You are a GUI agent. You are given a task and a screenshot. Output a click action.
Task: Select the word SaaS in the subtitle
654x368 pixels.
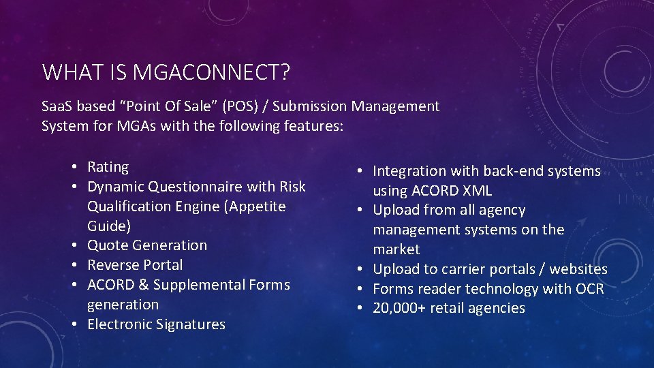pos(58,106)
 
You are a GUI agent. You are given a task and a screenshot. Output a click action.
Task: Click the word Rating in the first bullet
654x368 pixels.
pos(108,167)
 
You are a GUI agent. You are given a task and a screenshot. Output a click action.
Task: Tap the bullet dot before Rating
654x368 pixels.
pos(80,168)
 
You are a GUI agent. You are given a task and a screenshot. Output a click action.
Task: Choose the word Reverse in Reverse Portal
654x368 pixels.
pos(112,265)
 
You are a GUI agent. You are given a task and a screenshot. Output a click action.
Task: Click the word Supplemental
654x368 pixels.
pos(198,285)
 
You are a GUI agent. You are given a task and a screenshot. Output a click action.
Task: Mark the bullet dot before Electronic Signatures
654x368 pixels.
pos(80,325)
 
